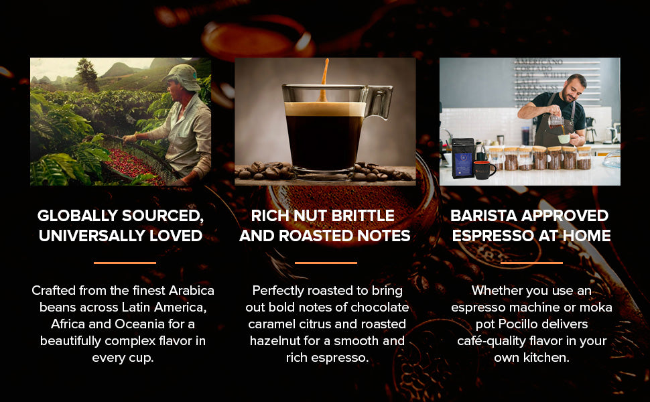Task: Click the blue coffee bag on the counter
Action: click(x=463, y=157)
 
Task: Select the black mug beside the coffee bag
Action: click(x=484, y=169)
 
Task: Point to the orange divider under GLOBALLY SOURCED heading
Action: click(x=125, y=263)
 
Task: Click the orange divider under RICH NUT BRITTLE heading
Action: click(x=326, y=263)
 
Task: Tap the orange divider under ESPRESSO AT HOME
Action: click(x=531, y=263)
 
